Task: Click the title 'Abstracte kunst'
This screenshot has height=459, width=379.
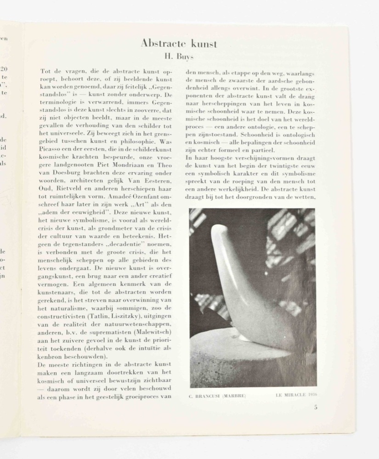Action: tap(179, 44)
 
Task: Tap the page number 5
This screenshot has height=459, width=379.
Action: tap(316, 407)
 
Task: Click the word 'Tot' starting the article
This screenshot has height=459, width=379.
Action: tap(45, 72)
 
